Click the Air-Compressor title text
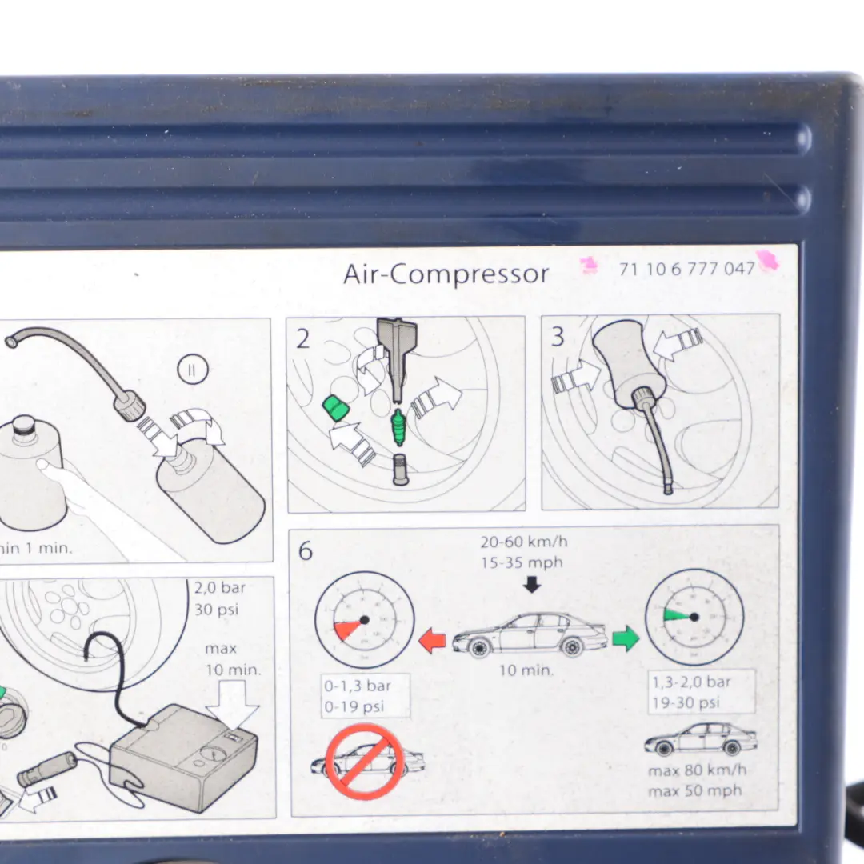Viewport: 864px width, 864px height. coord(446,274)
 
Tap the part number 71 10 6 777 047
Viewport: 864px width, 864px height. coord(686,269)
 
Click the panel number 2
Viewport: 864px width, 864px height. coord(302,339)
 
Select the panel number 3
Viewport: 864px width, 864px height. coord(558,337)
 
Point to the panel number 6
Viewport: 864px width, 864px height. coord(305,551)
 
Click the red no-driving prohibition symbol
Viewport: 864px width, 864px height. coord(365,762)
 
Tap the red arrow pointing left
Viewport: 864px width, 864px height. coord(432,640)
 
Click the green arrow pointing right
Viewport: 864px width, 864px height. coord(626,638)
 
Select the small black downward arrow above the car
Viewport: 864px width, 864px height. coord(532,585)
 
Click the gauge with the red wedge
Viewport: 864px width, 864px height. coord(364,619)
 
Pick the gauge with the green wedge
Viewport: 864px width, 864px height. coord(694,617)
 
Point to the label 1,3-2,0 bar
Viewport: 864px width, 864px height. coord(690,682)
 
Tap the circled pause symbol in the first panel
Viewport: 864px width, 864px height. coord(193,370)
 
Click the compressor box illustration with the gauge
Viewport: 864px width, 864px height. coord(184,756)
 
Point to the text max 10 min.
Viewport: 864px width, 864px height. coord(232,658)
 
